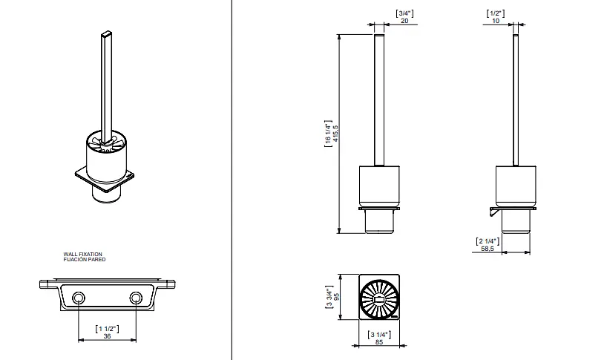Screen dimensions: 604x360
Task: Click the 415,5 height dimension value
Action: pos(335,134)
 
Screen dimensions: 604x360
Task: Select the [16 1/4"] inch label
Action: pos(328,134)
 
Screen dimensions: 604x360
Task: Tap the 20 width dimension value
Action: pos(404,21)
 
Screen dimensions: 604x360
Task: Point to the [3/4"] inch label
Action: pos(404,13)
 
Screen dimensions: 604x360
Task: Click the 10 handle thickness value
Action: pos(496,21)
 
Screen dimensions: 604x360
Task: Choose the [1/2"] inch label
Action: pos(496,13)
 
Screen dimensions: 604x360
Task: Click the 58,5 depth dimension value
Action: pos(488,249)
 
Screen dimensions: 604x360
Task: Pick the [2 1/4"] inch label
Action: pos(488,241)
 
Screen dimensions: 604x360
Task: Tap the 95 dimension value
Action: pos(336,297)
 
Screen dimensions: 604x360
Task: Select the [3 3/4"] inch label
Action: pos(329,297)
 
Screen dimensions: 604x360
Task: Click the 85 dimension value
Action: pos(379,342)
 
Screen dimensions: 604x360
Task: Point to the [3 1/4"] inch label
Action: pos(379,335)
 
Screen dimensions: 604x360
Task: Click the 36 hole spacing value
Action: pos(107,336)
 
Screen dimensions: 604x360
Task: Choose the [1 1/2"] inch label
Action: pos(107,329)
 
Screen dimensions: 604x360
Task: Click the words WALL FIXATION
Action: pos(83,255)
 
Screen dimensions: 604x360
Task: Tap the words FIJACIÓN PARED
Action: pos(85,259)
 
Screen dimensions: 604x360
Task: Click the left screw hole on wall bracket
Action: pos(79,298)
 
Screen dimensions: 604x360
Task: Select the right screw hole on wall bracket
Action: pos(136,298)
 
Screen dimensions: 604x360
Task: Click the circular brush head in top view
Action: pos(379,298)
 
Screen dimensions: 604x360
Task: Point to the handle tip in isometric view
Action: pos(107,33)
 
